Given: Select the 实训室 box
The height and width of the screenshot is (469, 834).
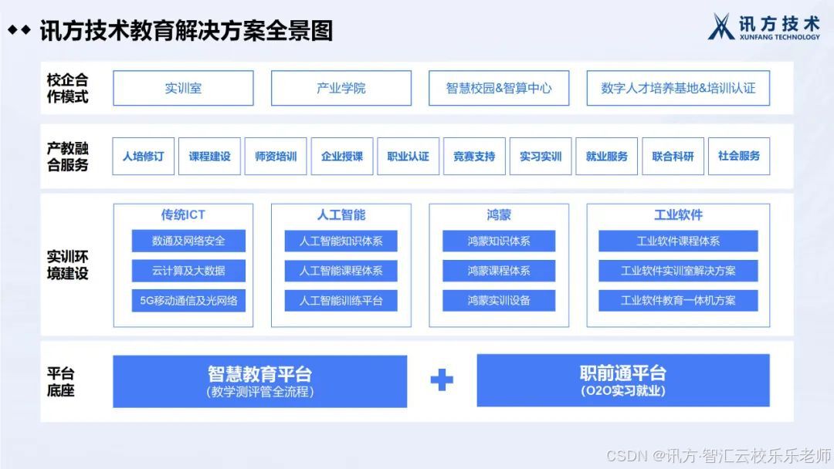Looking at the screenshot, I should click(183, 88).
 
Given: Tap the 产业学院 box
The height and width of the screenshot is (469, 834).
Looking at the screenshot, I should click(341, 88).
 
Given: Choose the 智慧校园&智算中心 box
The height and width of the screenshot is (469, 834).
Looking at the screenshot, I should click(499, 88).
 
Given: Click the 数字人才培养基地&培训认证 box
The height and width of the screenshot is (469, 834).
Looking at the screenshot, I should click(678, 88).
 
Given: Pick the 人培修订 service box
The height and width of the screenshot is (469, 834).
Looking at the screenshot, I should click(144, 157).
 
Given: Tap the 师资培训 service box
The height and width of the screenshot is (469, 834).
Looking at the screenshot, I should click(276, 157).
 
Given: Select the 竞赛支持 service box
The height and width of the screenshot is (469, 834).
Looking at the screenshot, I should click(474, 157).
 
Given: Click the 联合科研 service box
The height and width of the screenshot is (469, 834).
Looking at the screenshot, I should click(673, 157).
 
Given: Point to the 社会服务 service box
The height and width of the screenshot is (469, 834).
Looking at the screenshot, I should click(739, 157).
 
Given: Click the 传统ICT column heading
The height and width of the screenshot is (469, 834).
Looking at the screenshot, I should click(183, 214).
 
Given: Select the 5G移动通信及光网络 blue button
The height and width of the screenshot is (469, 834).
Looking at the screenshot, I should click(188, 300).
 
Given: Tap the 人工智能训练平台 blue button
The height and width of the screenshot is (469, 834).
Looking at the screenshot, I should click(341, 300).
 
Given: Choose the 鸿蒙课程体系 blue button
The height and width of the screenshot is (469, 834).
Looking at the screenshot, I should click(499, 271).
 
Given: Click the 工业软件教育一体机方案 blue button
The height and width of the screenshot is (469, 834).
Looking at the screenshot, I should click(678, 300).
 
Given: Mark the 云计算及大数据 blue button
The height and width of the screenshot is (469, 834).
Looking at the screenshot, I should click(188, 271).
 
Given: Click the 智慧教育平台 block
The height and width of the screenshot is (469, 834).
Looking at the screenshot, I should click(259, 381).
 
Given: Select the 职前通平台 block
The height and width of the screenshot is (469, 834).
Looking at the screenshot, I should click(623, 380).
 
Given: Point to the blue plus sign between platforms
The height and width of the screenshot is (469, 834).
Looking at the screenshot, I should click(442, 380).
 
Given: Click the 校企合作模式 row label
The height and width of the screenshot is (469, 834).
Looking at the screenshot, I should click(68, 88).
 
